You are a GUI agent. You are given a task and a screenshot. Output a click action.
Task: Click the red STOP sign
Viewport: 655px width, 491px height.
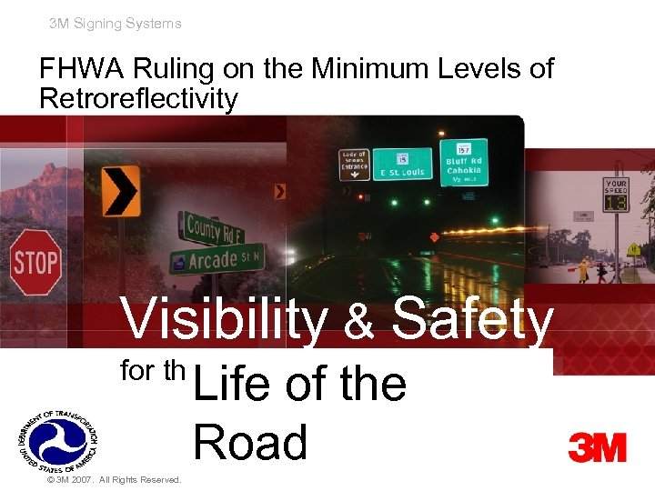pos(35,263)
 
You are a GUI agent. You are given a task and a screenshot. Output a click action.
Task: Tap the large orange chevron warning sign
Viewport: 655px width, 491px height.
pos(121,190)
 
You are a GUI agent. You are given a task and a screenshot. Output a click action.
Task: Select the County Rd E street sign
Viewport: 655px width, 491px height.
pos(214,228)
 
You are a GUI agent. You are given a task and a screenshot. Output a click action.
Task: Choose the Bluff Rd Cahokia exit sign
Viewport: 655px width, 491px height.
pos(463,160)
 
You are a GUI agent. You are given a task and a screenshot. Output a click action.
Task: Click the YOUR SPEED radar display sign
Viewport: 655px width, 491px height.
pos(617,195)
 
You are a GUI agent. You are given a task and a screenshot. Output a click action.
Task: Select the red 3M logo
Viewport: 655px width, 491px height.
pos(597,447)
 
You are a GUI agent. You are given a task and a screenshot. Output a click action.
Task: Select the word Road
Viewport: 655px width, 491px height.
pos(250,443)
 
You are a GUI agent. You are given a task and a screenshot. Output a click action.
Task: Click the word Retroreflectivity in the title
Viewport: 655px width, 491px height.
pos(138,98)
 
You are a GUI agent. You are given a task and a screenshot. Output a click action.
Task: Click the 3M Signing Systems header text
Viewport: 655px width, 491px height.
pos(116,24)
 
